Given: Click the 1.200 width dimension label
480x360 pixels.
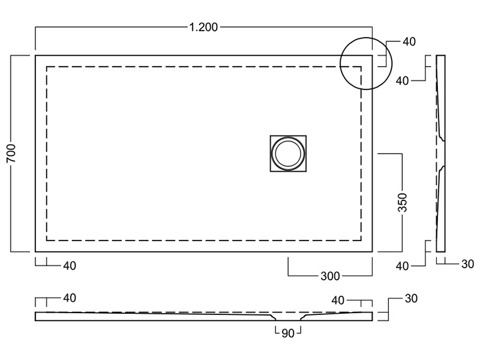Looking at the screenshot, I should [203, 27].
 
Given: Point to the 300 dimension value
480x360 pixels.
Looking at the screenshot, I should [331, 276].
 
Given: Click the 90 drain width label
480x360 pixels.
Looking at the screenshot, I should [287, 334].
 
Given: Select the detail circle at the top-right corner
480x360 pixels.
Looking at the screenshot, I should [365, 64].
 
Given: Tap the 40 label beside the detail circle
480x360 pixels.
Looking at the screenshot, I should [409, 41].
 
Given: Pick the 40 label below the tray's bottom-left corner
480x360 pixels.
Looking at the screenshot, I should [69, 265].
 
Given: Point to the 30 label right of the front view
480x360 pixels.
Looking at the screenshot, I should [411, 298].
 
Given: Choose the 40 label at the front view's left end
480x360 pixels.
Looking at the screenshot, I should [69, 298].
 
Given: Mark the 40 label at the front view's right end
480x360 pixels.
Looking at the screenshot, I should [338, 299].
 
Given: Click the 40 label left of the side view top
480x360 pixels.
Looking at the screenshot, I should [402, 80].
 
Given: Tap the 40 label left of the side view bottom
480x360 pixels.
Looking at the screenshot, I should [402, 265].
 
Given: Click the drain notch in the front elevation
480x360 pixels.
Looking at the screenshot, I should [287, 316].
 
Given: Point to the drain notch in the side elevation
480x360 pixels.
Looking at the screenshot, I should [443, 154].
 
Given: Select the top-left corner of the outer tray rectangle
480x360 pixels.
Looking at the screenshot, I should [35, 56].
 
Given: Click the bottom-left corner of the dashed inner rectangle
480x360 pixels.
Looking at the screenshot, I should [47, 240].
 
